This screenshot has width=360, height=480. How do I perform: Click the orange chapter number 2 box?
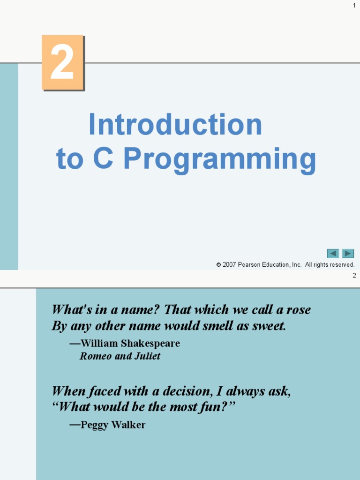tap(62, 62)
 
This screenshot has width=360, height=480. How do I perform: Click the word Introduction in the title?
tap(175, 125)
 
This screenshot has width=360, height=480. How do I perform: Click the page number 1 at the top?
tap(354, 5)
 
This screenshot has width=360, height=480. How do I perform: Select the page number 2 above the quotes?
tap(354, 276)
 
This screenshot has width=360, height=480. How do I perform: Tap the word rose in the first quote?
tap(299, 310)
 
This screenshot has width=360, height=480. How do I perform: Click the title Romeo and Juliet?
tap(120, 356)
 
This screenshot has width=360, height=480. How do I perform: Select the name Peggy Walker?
tap(113, 425)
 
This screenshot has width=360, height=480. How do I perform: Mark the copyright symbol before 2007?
tap(218, 265)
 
